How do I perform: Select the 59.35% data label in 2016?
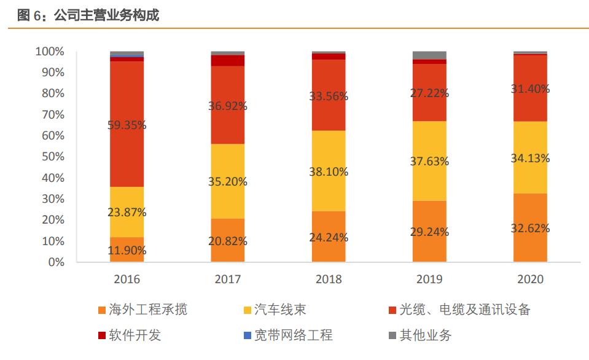[x=127, y=125]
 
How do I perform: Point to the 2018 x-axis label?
[x=329, y=280]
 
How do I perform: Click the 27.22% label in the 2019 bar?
[x=429, y=93]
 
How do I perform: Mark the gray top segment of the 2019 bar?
[x=429, y=55]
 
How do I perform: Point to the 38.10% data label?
[x=329, y=172]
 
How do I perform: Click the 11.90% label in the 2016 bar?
[x=127, y=250]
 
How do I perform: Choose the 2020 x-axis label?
[x=530, y=280]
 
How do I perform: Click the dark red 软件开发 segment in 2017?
[x=227, y=60]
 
